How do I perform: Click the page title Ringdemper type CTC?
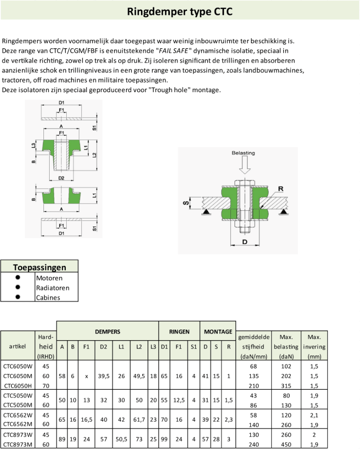point(180,12)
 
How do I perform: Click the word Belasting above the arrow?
point(243,153)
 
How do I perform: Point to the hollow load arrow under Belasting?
point(244,165)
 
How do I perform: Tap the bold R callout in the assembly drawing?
point(280,189)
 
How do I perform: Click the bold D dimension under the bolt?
point(245,242)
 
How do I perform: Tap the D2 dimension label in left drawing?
point(61,178)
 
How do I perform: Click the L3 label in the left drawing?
point(33,146)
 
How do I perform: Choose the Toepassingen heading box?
point(40,267)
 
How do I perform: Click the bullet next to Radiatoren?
point(18,288)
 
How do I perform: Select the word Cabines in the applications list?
point(48,298)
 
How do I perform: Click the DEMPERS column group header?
point(107,332)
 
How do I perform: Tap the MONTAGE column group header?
point(218,332)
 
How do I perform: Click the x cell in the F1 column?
point(86,376)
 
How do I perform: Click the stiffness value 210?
point(253,386)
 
